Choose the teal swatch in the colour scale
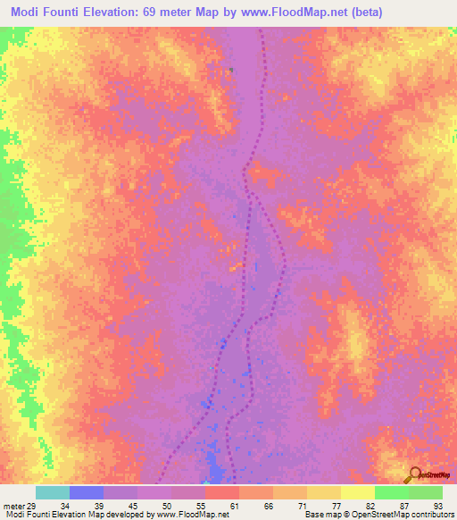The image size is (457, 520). point(52,493)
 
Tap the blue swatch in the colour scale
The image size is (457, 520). point(86,493)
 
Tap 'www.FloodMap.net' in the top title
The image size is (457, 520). point(313,12)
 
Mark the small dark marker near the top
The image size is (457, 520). point(231,69)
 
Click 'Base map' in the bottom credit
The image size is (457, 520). point(320,515)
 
